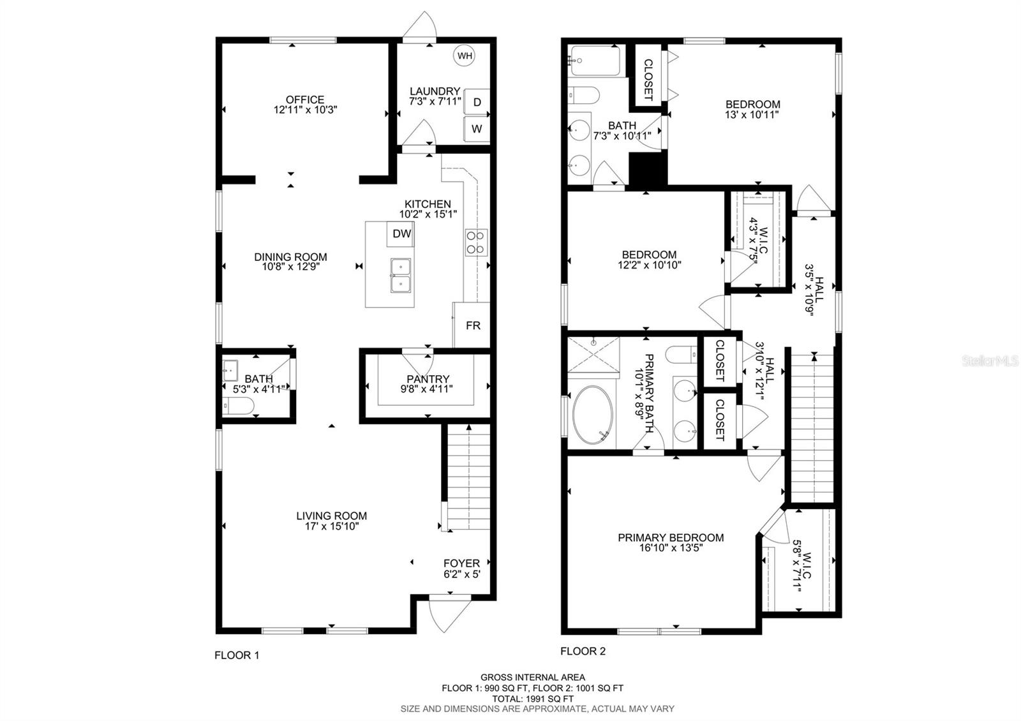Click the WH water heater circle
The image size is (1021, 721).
465,56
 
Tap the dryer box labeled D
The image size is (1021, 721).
477,101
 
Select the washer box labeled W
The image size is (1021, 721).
477,129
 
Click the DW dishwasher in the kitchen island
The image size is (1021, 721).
401,234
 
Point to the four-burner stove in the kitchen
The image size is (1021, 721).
476,242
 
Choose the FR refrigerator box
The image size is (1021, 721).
472,325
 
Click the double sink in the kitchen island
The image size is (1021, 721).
401,275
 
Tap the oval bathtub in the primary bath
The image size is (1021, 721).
593,415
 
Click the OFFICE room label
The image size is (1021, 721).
305,100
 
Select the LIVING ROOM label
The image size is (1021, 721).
331,516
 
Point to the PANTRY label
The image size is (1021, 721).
428,379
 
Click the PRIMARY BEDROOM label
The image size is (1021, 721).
671,537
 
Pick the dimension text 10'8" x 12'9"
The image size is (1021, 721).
291,267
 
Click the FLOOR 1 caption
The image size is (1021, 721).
237,655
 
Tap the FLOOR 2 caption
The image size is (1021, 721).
583,651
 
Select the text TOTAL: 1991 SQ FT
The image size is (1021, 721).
532,699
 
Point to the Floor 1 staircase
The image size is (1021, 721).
468,477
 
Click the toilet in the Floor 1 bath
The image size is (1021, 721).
237,405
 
